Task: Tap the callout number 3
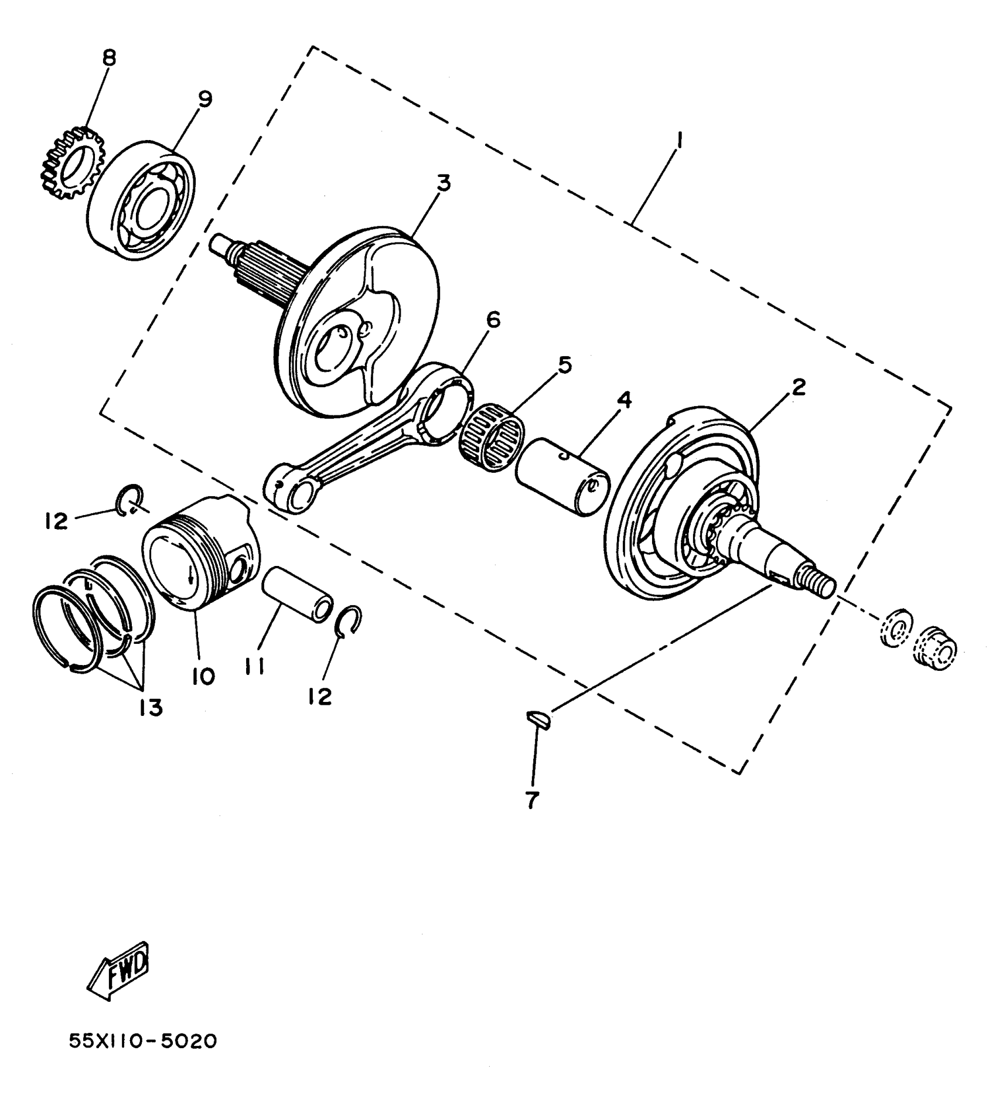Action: [444, 183]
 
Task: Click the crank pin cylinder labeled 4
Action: [562, 477]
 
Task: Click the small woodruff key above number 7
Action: [538, 718]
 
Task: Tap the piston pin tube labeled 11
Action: [297, 596]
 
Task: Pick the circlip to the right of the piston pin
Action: [351, 621]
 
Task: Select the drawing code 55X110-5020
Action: [143, 1041]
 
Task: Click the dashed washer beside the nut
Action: [895, 629]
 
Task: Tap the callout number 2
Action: [799, 387]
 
